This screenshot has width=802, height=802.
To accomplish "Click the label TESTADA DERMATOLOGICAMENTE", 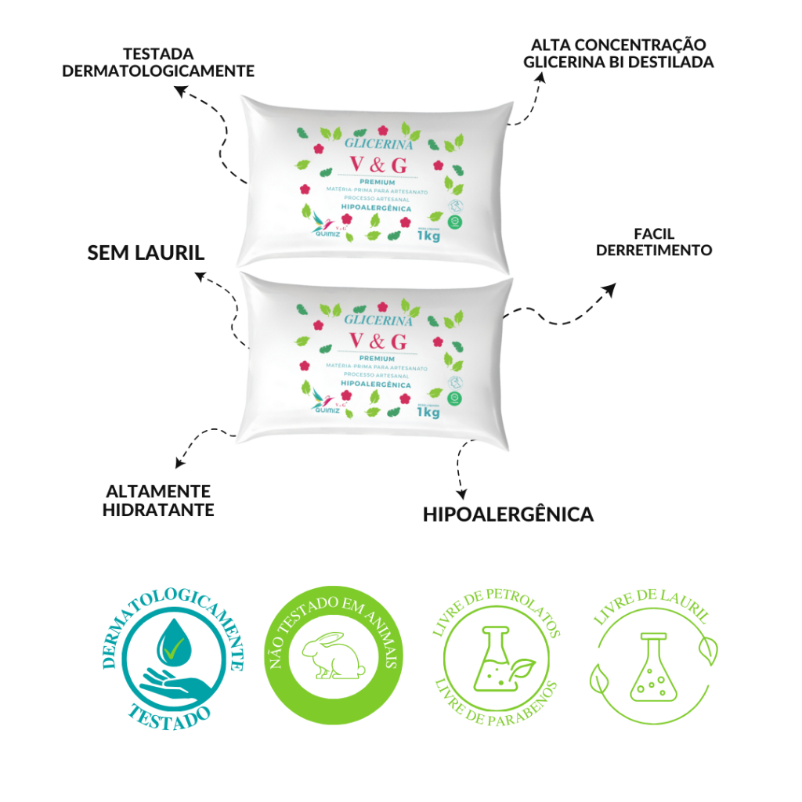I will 158,63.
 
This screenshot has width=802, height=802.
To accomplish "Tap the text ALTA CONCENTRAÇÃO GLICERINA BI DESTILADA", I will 619,53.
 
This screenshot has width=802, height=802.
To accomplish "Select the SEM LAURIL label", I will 146,252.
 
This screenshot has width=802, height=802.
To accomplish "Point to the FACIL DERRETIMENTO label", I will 654,242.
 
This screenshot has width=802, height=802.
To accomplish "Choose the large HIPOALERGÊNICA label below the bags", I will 508,515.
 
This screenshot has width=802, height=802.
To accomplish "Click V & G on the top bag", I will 378,164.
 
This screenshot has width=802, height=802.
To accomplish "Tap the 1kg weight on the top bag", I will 428,236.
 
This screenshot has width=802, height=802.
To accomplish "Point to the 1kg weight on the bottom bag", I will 428,413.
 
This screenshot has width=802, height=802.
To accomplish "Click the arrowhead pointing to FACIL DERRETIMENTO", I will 609,290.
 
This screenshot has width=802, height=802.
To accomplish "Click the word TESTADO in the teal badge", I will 170,715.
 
